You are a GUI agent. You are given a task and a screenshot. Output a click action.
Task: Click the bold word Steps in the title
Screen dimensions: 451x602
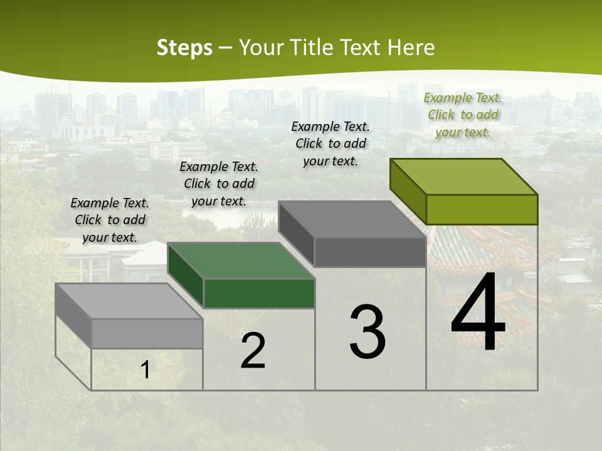point(184,48)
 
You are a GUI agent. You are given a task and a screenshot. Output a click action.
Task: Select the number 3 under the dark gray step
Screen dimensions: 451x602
point(367,332)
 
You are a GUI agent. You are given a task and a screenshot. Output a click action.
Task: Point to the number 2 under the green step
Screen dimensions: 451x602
point(253,351)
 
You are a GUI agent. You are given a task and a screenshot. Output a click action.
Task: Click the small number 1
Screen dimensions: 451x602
point(145,370)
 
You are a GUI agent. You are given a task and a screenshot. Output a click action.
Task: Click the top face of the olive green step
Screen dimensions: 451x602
point(463,176)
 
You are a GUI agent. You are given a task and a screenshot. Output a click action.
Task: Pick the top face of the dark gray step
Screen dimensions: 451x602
point(351,219)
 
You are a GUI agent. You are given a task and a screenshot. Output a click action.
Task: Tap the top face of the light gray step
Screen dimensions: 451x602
point(129,301)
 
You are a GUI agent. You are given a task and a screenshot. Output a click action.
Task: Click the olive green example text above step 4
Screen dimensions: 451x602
point(463,115)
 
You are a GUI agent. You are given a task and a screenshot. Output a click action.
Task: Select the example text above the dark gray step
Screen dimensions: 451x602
point(330,143)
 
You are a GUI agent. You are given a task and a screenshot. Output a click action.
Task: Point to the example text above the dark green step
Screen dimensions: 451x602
point(219,184)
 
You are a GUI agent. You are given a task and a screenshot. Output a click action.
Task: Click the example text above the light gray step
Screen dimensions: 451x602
point(110,220)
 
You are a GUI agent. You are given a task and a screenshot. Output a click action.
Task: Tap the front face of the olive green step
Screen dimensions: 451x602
point(482,209)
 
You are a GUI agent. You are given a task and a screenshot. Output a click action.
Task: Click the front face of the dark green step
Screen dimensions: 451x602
point(259,294)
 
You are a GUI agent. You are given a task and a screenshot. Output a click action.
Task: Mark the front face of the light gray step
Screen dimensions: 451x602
point(147,334)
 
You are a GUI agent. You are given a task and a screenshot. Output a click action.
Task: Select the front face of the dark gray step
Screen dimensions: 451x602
point(370,252)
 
